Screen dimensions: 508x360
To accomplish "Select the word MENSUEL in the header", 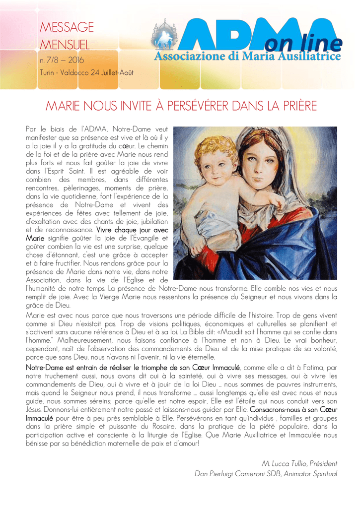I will pyautogui.click(x=65, y=46).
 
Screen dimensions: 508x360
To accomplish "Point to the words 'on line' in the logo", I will pyautogui.click(x=303, y=45).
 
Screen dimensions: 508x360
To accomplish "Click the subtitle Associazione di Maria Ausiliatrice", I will pyautogui.click(x=247, y=58).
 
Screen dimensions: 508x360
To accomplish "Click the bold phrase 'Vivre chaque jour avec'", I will pyautogui.click(x=132, y=231).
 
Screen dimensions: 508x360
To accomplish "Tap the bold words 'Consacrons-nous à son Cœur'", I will pyautogui.click(x=293, y=410).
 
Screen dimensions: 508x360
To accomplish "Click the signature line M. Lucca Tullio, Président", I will pyautogui.click(x=299, y=463).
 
